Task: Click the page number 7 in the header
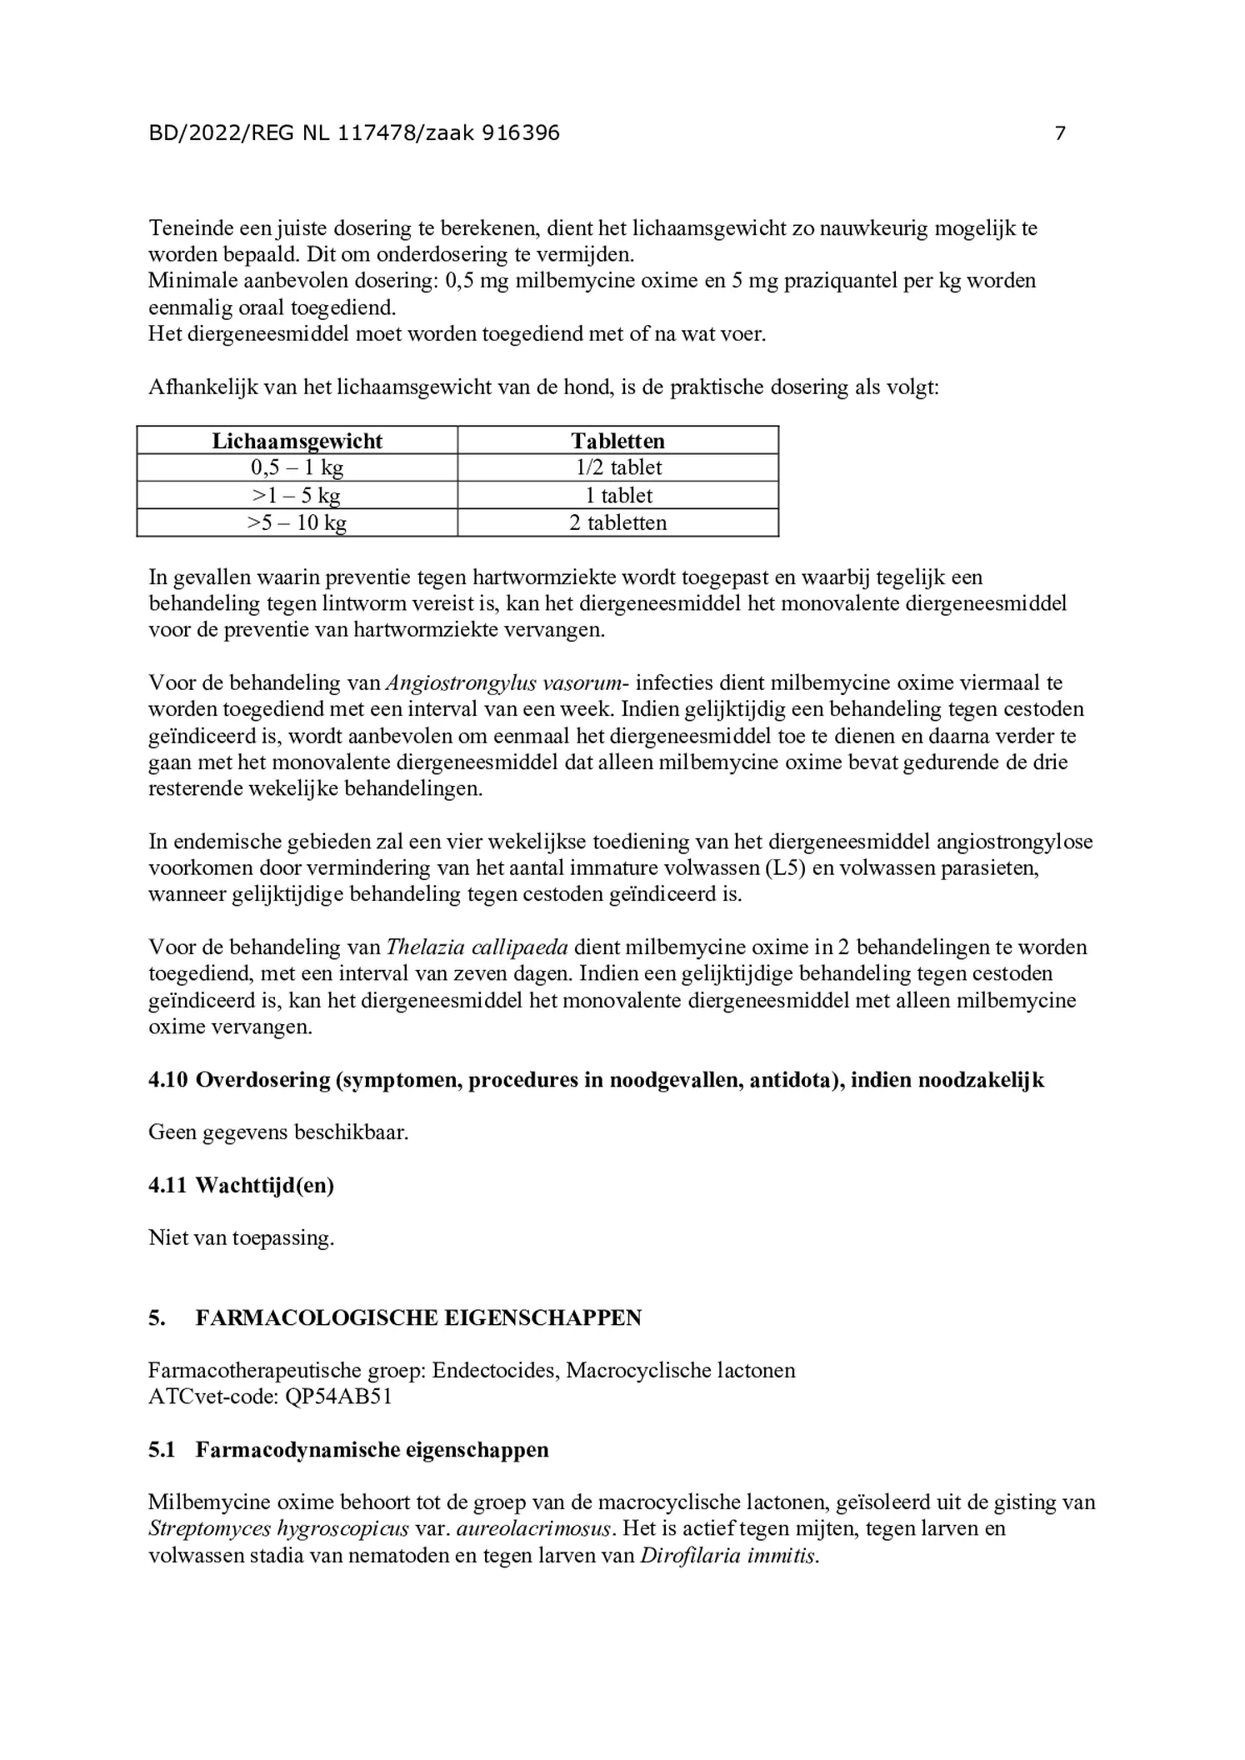click(x=1059, y=133)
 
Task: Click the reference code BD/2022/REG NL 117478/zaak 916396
click(x=354, y=133)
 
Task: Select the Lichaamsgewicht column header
click(x=297, y=441)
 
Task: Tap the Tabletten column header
click(x=617, y=441)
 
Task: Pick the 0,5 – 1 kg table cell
click(x=297, y=467)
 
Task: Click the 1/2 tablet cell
click(x=617, y=467)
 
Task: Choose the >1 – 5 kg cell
click(x=297, y=496)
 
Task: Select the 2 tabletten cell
click(x=617, y=523)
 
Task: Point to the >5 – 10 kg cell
click(x=297, y=523)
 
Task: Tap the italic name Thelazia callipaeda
click(x=477, y=947)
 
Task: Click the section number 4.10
click(x=168, y=1080)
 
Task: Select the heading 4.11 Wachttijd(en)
click(x=241, y=1185)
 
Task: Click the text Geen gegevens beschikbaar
click(x=278, y=1132)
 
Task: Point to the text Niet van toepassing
click(x=241, y=1238)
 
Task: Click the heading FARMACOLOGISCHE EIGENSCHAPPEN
click(x=418, y=1317)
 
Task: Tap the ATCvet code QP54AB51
click(x=338, y=1397)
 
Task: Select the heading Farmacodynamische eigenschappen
click(x=372, y=1450)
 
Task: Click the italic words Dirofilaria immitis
click(x=728, y=1556)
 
